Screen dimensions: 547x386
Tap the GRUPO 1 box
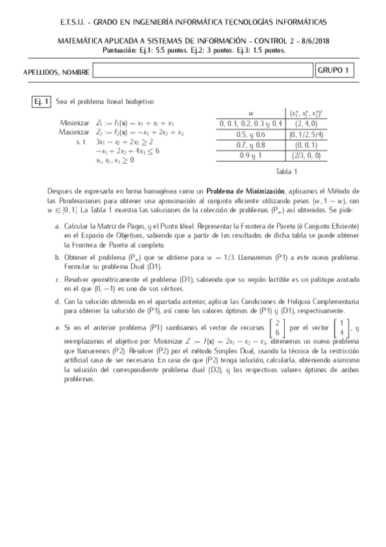[335, 70]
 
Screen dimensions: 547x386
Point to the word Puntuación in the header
[121, 49]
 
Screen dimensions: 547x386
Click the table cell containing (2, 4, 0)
[305, 123]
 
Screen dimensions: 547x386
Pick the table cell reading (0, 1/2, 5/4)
[305, 134]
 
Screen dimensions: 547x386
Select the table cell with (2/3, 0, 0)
[305, 156]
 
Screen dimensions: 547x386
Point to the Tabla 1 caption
[286, 171]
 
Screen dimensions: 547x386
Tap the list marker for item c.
[57, 280]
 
